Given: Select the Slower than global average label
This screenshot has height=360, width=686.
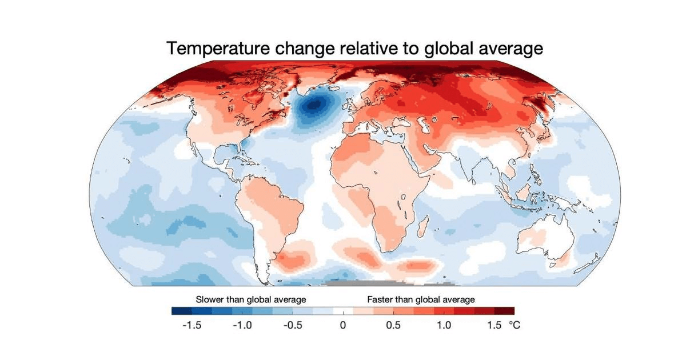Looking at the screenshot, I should (251, 299).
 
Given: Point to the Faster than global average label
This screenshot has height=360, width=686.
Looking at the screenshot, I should (421, 299).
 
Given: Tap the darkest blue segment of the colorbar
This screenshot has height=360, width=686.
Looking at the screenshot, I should (181, 311).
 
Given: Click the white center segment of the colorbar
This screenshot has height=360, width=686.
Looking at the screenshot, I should (342, 311).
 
